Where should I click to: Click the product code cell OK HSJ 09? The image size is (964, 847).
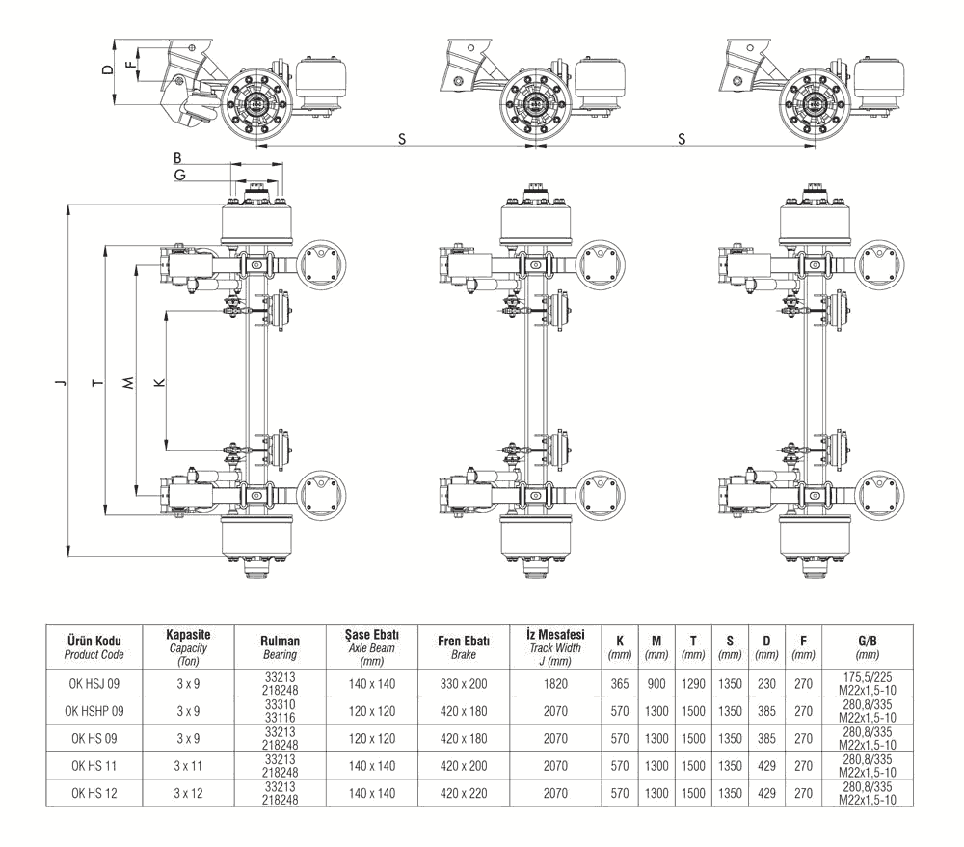coord(94,684)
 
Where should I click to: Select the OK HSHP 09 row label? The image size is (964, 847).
coord(94,711)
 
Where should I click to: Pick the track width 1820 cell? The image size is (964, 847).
coord(556,684)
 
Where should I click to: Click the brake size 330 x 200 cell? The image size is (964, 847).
coord(464,684)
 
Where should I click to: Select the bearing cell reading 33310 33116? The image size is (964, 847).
coord(280,711)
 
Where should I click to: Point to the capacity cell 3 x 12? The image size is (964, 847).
coord(189,793)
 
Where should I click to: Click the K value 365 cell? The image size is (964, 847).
coord(620,684)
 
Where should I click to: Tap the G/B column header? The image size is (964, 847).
coord(860,645)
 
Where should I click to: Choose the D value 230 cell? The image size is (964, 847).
coord(766,684)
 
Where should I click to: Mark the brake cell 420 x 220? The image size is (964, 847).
coord(464,793)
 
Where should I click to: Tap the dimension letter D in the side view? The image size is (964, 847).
coord(108,69)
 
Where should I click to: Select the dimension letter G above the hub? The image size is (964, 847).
coord(180,175)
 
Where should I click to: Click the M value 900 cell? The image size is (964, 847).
coord(656,684)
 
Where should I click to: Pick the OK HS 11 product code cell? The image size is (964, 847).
coord(94,766)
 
